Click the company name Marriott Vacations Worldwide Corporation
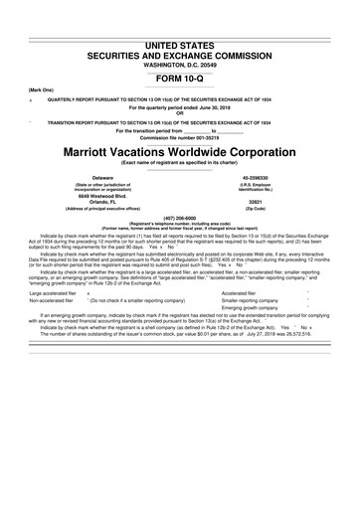coord(179,155)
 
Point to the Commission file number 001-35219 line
coord(179,136)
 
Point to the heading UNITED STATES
coord(179,17)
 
